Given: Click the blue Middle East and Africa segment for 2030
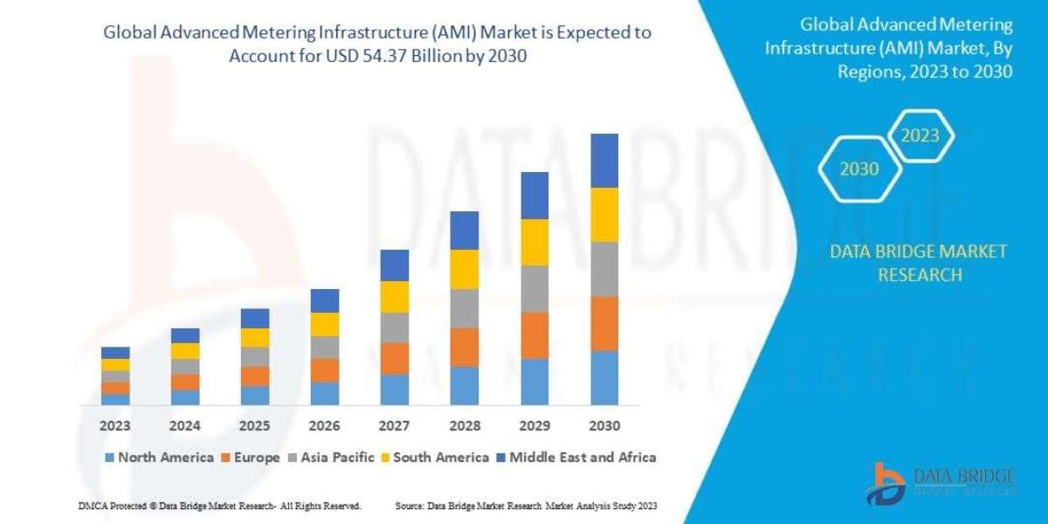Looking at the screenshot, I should pyautogui.click(x=604, y=161).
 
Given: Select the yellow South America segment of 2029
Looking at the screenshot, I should pyautogui.click(x=534, y=242).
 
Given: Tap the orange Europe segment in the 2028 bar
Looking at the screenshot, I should pyautogui.click(x=465, y=347).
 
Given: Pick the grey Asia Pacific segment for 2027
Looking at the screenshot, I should pyautogui.click(x=395, y=327).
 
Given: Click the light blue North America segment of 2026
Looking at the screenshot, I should pyautogui.click(x=325, y=393).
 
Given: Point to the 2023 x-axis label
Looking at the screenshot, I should pyautogui.click(x=115, y=426).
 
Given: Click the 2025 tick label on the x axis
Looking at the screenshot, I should pyautogui.click(x=255, y=426).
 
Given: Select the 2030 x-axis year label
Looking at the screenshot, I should pyautogui.click(x=604, y=426).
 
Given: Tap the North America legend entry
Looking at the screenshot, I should pyautogui.click(x=159, y=457).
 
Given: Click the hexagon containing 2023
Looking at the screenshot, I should pyautogui.click(x=920, y=135).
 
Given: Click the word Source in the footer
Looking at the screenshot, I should pyautogui.click(x=410, y=507).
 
